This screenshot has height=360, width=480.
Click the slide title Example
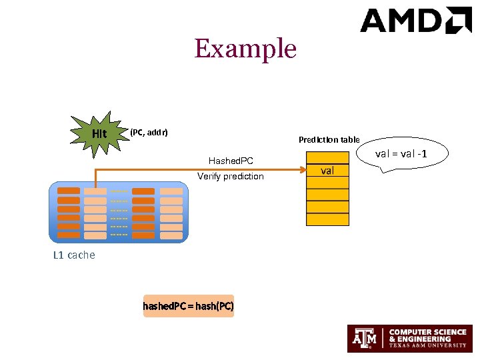[x=245, y=49]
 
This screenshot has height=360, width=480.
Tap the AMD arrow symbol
[x=459, y=20]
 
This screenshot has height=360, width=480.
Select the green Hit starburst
[x=99, y=133]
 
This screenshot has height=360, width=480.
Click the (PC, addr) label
[x=149, y=132]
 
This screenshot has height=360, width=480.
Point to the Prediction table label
[x=329, y=139]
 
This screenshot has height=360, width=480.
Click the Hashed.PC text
[x=231, y=161]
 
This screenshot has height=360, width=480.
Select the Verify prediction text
[x=231, y=177]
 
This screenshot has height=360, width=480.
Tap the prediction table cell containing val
[x=327, y=171]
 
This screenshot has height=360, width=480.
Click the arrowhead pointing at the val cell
[x=301, y=170]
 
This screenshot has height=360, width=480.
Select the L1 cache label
[x=74, y=255]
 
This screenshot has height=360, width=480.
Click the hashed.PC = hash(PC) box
[x=189, y=306]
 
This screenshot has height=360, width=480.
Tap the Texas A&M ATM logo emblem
[x=365, y=339]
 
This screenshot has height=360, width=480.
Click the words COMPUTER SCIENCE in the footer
[x=427, y=332]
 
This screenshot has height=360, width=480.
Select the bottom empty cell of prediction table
[x=327, y=219]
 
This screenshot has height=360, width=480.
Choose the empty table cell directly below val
[x=327, y=183]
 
